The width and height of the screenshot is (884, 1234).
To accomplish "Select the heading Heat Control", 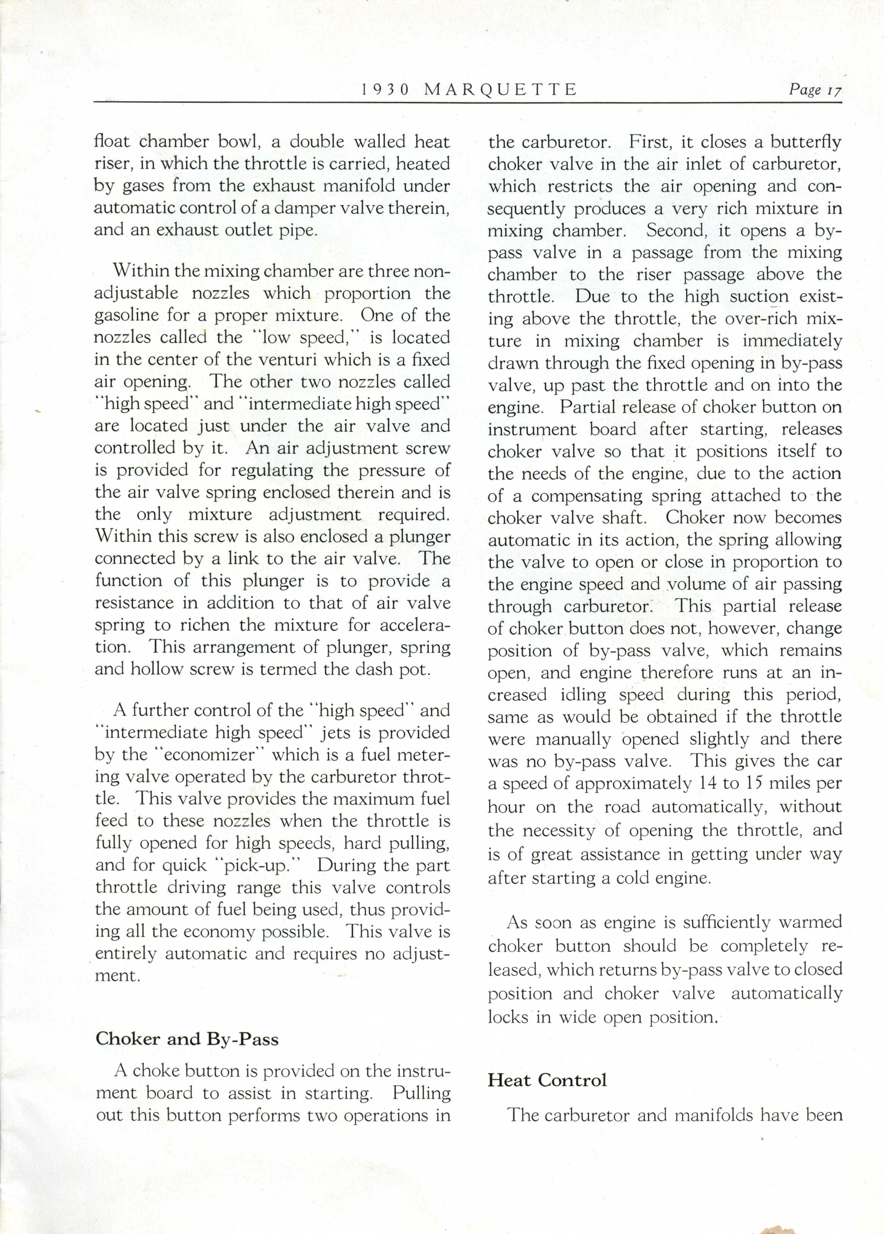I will pos(547,1080).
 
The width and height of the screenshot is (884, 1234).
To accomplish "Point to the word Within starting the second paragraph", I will pos(141,270).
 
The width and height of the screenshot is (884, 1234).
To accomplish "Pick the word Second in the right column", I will pos(676,231).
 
